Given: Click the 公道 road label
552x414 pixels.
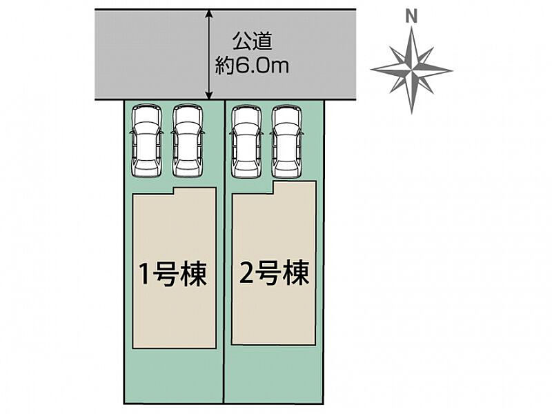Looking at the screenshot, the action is pos(252,42).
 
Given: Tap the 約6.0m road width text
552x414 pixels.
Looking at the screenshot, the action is pos(252,66).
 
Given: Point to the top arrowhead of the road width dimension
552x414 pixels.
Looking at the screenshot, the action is pos(209,13).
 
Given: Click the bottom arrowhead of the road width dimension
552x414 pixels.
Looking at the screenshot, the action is pos(209,95).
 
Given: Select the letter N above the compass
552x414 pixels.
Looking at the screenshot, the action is pos(411,17).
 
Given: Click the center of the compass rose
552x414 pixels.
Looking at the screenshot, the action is pos(411,70).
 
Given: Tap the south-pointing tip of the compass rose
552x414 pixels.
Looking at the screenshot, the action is pos(412,113).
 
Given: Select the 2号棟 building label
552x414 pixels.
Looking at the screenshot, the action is pos(274,272).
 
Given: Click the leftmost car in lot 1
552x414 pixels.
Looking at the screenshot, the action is pos(147,141).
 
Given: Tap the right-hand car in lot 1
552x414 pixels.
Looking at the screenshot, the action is pos(188,141).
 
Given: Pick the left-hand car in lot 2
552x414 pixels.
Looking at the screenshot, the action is pos(246,141).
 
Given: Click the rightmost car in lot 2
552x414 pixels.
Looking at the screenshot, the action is pos(288,141).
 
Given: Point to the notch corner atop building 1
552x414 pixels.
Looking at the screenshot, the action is pos(173,193).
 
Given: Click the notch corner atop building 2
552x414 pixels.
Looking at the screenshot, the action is pos(273,193).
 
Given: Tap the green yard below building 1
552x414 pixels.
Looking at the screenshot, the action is pos(174,375).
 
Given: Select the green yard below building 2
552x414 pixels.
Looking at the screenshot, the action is pos(274,373).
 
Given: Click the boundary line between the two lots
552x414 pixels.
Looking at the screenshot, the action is pos(224,252).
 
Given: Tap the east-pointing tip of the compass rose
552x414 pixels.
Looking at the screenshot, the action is pos(452,70).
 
